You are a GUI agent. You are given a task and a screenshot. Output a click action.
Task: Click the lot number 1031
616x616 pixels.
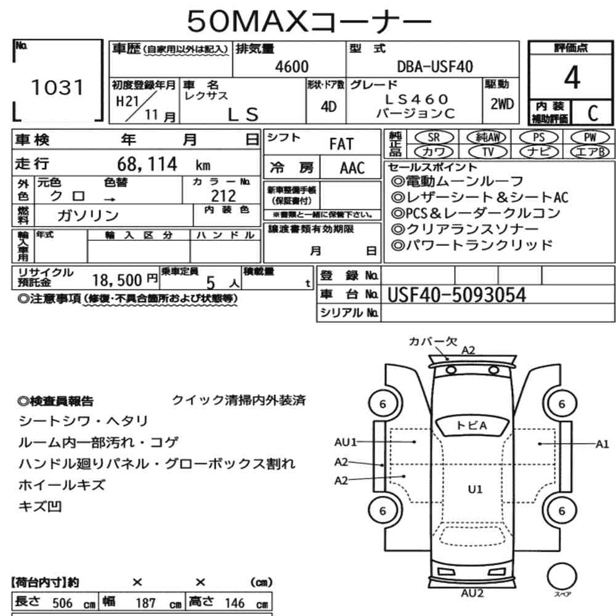pos(57,87)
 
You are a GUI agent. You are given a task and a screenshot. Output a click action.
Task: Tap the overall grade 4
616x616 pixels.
pos(572,77)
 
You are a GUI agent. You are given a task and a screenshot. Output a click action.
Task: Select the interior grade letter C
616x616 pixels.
pos(593,113)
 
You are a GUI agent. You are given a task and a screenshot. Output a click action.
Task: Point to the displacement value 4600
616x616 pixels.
pos(292,67)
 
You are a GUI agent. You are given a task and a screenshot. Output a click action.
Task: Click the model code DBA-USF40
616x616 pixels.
pos(435,67)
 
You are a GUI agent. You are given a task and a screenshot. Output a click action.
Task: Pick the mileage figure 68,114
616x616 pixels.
pos(147,164)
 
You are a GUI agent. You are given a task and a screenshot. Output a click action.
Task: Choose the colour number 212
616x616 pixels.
pos(224,196)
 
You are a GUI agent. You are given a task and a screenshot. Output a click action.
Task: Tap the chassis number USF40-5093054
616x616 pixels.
pos(456,295)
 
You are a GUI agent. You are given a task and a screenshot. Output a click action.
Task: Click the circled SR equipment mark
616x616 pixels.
pos(434,137)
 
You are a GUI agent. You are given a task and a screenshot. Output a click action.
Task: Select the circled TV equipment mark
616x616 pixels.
pos(488,152)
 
